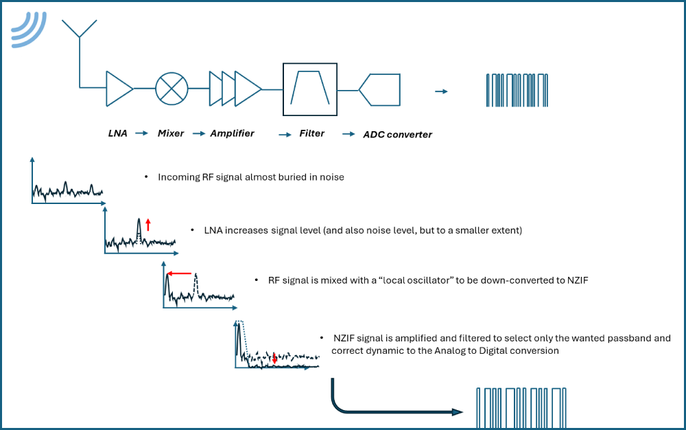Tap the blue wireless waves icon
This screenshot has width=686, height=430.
click(27, 29)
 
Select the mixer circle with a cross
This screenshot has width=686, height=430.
click(171, 88)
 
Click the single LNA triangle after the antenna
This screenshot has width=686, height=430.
click(118, 89)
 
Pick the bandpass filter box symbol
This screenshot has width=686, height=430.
click(310, 89)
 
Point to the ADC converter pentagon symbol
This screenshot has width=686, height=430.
click(380, 89)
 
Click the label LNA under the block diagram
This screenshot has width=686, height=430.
click(118, 133)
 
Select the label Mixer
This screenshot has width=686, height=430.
click(171, 133)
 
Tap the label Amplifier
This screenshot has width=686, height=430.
click(232, 133)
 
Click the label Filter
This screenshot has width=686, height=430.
click(311, 133)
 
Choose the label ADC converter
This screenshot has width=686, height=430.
click(397, 135)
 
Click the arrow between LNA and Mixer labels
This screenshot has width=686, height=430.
click(141, 133)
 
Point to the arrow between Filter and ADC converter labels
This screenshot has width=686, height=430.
click(348, 134)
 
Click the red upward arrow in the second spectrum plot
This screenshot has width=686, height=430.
click(147, 224)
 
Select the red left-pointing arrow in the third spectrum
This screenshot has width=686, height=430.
click(180, 273)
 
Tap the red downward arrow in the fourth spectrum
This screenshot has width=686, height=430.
click(274, 358)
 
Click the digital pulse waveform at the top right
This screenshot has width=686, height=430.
click(517, 89)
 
